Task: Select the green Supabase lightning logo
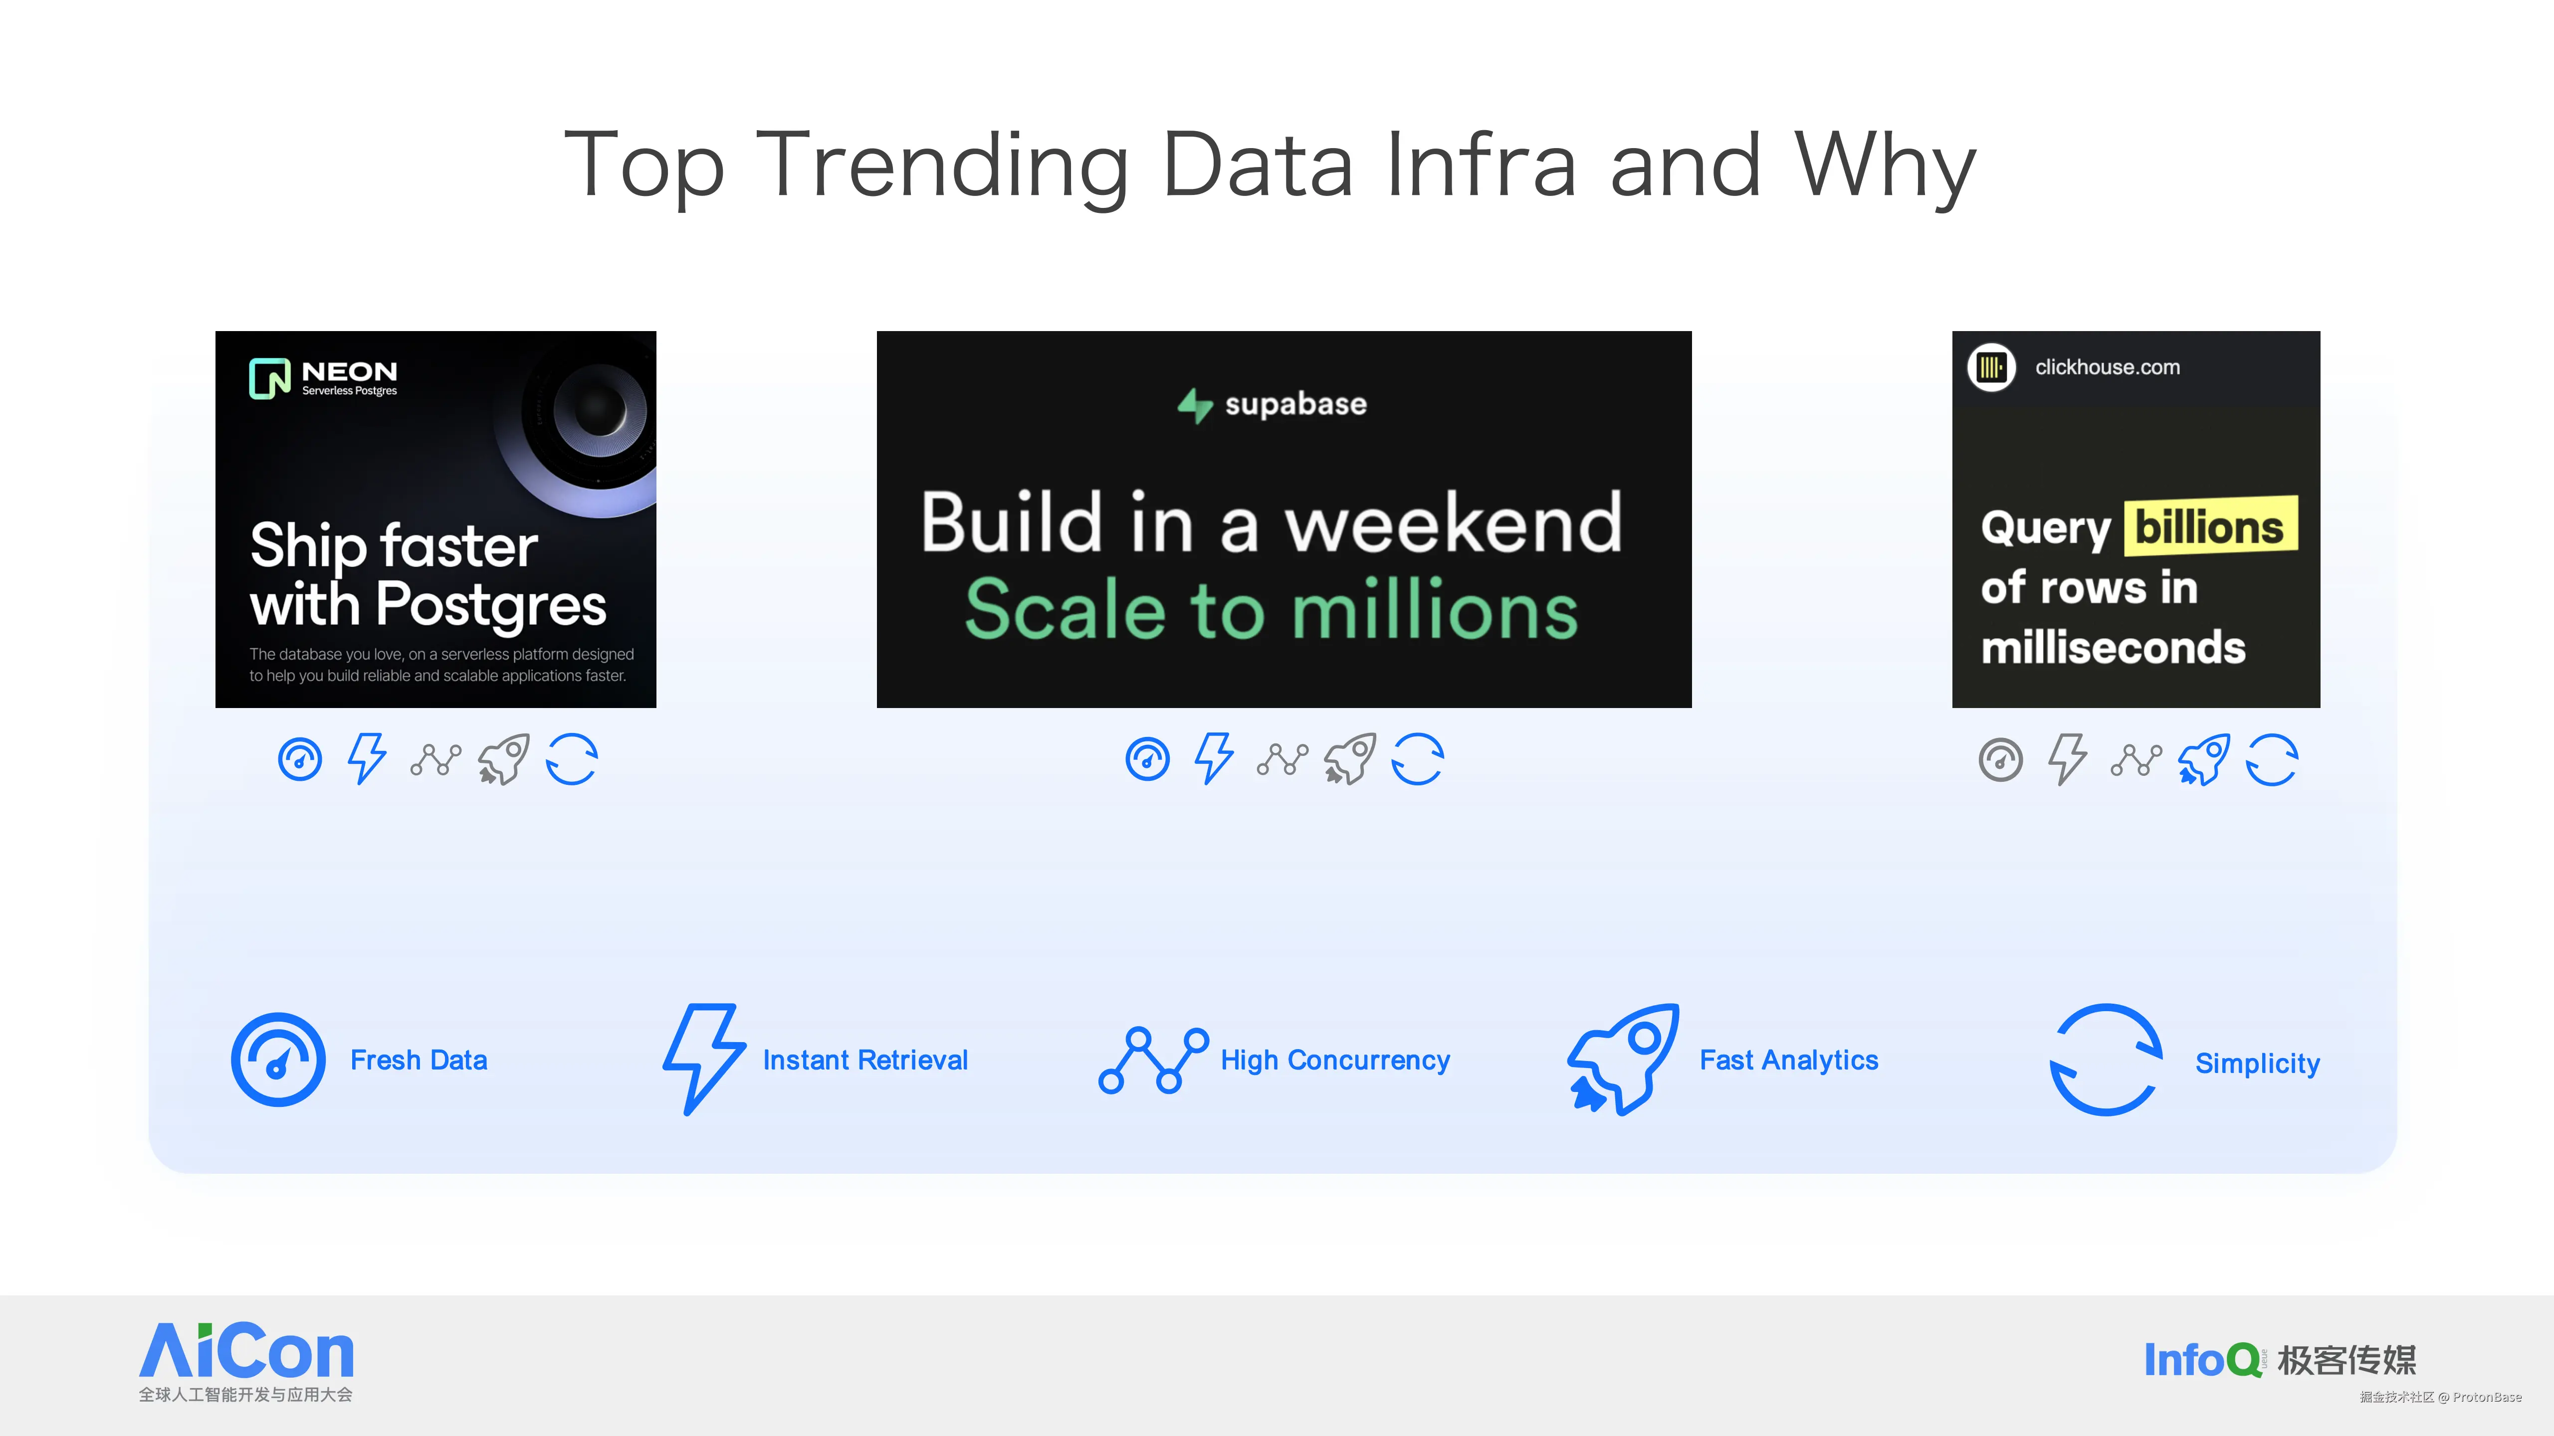tap(1195, 404)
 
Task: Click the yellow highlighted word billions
tap(2210, 526)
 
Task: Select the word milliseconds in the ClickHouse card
tap(2113, 647)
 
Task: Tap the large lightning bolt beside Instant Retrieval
tap(704, 1059)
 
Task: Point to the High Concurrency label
tap(1334, 1061)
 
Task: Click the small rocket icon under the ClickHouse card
tap(2203, 760)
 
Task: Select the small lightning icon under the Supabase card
tap(1214, 759)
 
